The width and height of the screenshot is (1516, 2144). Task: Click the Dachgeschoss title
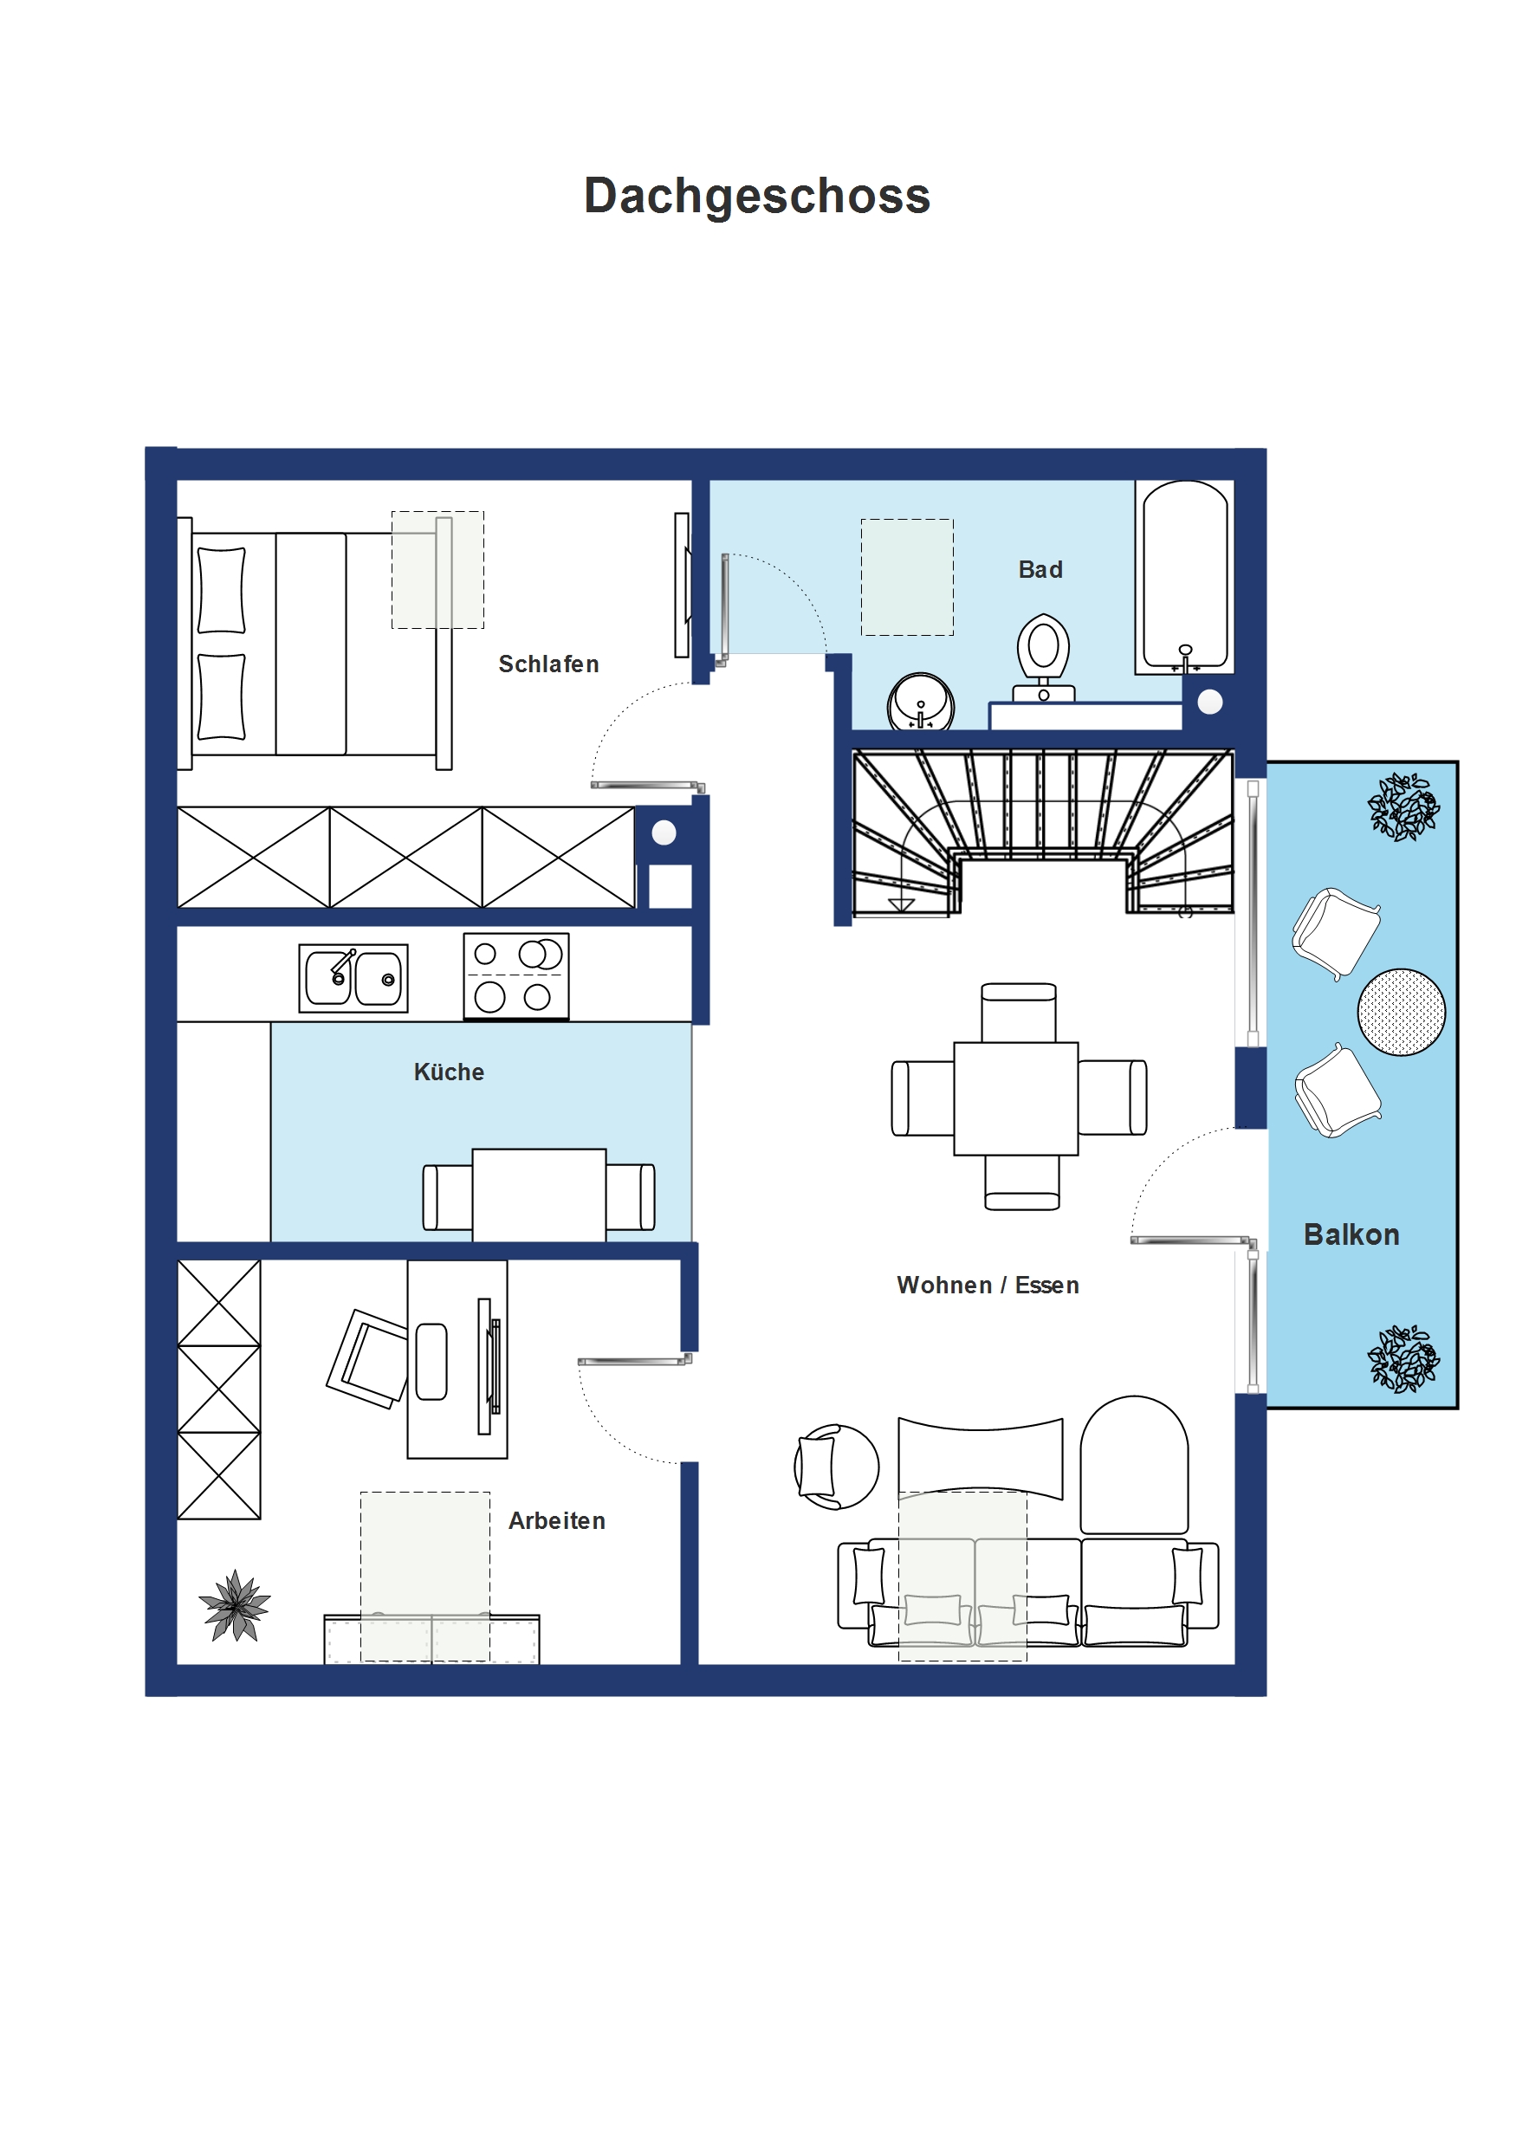pos(756,196)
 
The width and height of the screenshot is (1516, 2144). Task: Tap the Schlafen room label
pos(548,664)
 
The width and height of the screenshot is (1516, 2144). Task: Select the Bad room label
pos(1040,570)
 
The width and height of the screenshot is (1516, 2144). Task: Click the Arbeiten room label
pos(557,1520)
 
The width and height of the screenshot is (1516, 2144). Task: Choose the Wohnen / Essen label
pos(988,1285)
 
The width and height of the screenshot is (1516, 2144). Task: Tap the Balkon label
pos(1351,1234)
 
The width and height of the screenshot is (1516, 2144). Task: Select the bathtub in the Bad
pos(1184,577)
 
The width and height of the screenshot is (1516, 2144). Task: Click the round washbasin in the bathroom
pos(921,702)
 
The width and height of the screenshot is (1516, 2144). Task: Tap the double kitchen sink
pos(353,978)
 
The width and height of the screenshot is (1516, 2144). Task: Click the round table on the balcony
pos(1400,1013)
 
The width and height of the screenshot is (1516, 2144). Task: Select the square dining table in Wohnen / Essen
pos(1015,1098)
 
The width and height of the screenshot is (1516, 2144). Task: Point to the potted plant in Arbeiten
pos(235,1605)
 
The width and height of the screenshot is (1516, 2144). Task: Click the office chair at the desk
pos(367,1358)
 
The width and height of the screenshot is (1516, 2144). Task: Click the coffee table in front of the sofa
pos(980,1458)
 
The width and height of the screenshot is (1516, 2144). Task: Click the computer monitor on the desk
pos(488,1365)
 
